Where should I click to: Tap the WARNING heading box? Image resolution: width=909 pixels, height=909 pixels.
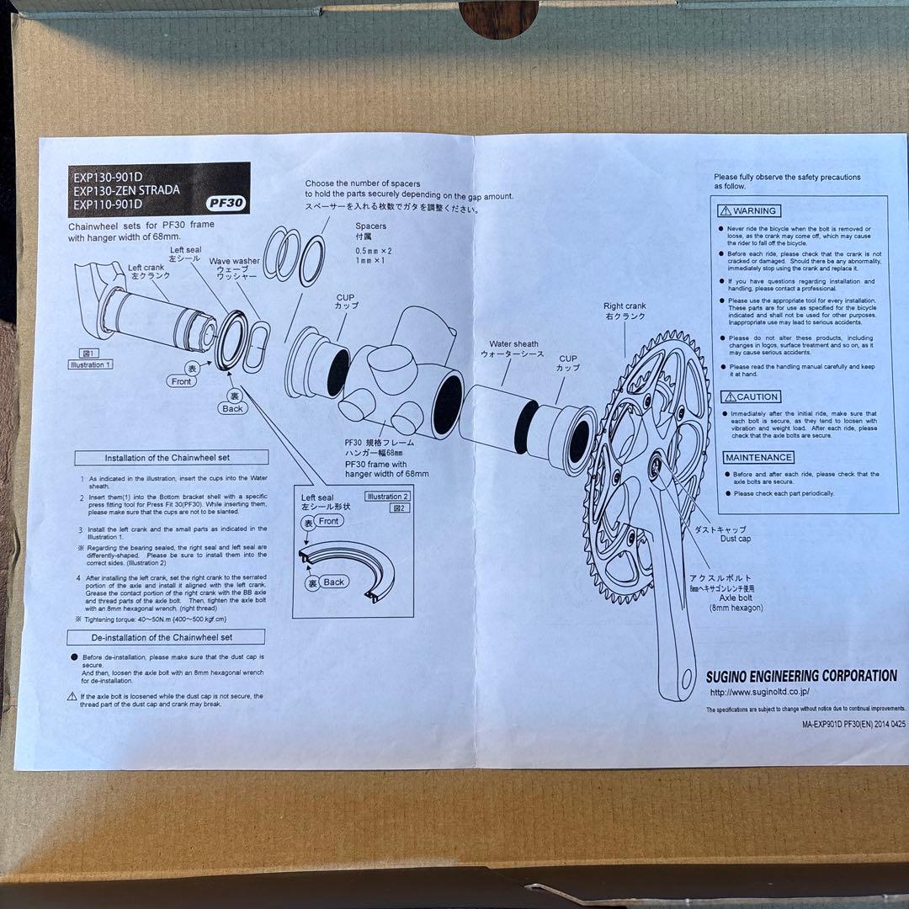click(x=748, y=210)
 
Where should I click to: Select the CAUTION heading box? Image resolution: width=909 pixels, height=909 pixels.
click(x=752, y=396)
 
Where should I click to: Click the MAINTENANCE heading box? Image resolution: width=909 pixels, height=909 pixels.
click(x=758, y=457)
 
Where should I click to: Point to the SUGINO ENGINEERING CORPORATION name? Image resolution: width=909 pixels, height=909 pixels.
click(x=801, y=676)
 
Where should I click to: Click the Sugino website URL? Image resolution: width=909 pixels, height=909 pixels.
click(x=759, y=692)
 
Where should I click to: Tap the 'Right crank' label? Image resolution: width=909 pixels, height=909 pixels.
click(x=625, y=306)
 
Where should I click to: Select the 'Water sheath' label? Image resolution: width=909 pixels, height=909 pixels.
click(x=514, y=343)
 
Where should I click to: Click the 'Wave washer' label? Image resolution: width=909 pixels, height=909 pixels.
click(x=235, y=261)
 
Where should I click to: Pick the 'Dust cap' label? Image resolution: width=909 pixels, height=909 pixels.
click(x=735, y=539)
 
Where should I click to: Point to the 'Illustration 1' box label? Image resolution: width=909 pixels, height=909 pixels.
click(x=90, y=364)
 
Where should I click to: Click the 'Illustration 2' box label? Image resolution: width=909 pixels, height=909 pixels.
click(x=387, y=497)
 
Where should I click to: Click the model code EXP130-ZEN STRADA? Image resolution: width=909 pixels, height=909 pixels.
click(x=126, y=190)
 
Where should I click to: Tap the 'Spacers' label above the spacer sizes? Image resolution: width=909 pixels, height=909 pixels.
click(x=370, y=226)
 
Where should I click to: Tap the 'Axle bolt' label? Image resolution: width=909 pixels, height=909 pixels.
click(x=735, y=598)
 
